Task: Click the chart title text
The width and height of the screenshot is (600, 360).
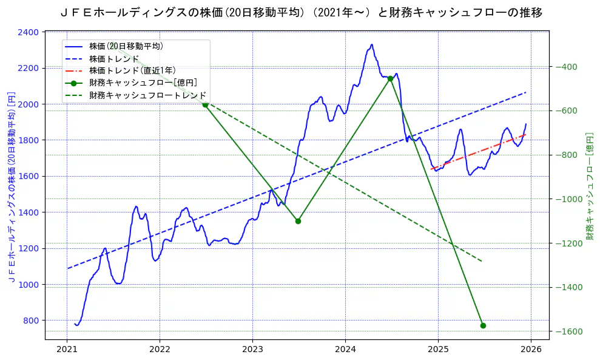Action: [302, 12]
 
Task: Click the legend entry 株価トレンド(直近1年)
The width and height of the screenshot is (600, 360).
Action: [132, 70]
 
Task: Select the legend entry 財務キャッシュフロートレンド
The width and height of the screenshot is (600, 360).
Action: [147, 95]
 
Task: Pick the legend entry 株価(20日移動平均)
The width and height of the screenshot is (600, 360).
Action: [126, 46]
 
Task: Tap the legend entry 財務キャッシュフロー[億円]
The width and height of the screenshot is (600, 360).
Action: [143, 83]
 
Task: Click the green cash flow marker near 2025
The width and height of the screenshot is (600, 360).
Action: [483, 325]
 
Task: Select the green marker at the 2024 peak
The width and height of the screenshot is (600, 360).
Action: [390, 78]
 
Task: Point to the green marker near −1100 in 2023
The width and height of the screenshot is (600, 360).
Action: [298, 221]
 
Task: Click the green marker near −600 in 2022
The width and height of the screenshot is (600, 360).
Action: [205, 104]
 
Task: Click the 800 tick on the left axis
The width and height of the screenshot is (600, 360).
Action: [31, 321]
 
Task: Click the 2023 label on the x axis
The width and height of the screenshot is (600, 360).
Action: [252, 350]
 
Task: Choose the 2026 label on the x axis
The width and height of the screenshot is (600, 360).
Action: [531, 350]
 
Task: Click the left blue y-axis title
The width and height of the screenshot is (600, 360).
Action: [11, 186]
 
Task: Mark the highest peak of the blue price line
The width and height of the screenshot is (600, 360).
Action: [372, 44]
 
